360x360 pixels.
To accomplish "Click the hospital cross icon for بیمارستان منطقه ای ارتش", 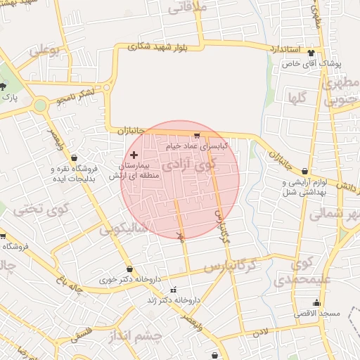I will pyautogui.click(x=134, y=153).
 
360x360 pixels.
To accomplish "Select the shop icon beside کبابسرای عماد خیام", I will pyautogui.click(x=197, y=136).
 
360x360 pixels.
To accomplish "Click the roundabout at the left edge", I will pyautogui.click(x=41, y=106).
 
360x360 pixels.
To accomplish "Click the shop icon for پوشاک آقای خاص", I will pyautogui.click(x=321, y=53).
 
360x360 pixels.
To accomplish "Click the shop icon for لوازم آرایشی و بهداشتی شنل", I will pyautogui.click(x=304, y=170).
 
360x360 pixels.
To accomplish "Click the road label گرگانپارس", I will pyautogui.click(x=228, y=266).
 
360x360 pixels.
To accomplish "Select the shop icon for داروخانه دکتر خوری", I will pyautogui.click(x=129, y=269).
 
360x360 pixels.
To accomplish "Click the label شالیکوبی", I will pyautogui.click(x=123, y=229).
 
